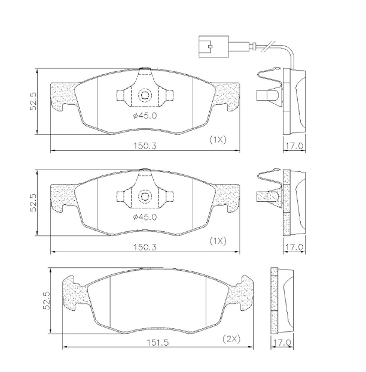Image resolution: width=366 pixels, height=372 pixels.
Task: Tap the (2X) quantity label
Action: pos(231,338)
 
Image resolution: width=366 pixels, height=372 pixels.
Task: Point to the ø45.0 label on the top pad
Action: pos(145,116)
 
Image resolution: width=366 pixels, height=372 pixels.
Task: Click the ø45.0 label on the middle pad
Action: pos(145,217)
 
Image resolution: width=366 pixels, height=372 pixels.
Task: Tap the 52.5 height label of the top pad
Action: pos(34,101)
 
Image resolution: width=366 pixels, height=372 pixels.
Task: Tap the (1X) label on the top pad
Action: pos(217,140)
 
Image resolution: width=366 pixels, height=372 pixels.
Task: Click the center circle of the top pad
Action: pos(145,95)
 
